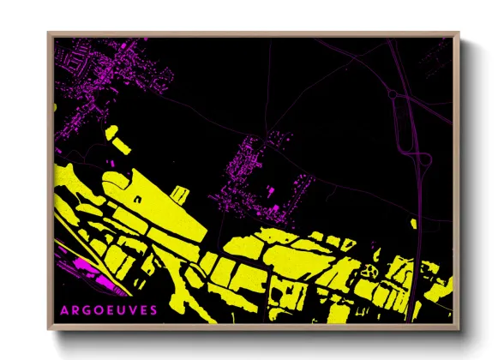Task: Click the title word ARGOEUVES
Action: [110, 309]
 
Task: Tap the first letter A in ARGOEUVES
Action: [64, 309]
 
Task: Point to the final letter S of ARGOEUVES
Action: [154, 309]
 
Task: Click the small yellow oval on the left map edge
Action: [56, 108]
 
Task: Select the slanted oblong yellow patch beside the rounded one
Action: [123, 145]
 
